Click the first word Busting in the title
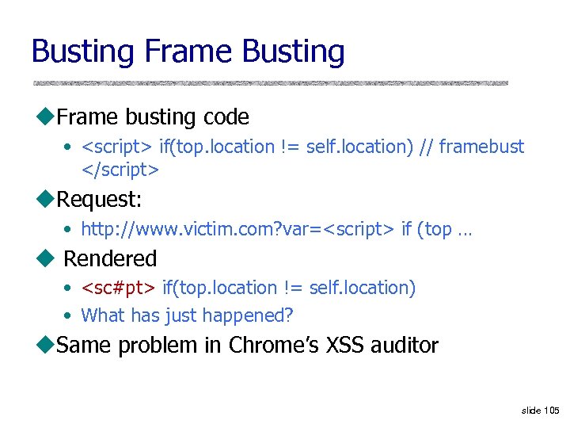pos(83,52)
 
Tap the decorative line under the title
pos(269,82)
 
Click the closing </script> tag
pos(120,169)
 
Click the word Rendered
pos(110,258)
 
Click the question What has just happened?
pos(187,315)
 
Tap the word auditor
pos(406,346)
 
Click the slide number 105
pos(552,410)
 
